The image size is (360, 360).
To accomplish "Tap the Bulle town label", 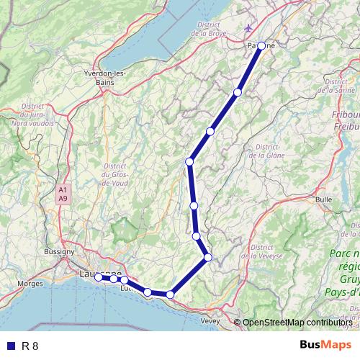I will (x=323, y=199).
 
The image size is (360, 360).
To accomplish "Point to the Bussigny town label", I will (x=58, y=252).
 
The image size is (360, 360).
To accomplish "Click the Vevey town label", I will (x=211, y=320).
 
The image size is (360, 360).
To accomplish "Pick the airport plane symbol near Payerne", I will (x=249, y=28).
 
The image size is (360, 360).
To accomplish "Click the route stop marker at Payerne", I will (x=261, y=46).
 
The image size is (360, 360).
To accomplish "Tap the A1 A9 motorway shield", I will (x=63, y=193).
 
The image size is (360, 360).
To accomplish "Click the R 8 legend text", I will (x=30, y=346).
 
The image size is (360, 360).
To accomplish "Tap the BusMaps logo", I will (x=320, y=346).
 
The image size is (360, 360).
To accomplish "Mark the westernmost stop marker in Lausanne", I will (x=99, y=276).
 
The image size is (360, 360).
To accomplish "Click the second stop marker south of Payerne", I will (x=210, y=131).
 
